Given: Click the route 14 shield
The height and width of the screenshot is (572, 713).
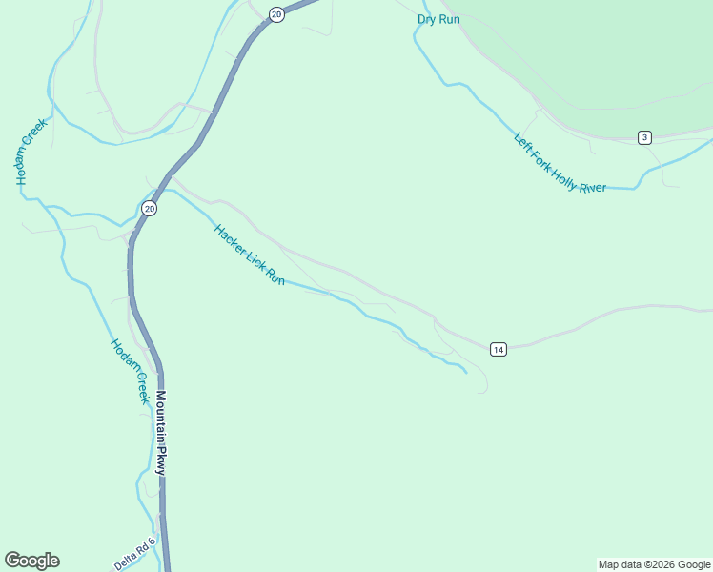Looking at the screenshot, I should [x=499, y=350].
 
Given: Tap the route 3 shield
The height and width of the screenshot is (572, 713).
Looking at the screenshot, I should [x=645, y=138].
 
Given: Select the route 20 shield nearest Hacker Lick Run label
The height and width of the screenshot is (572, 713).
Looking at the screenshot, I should [x=150, y=208].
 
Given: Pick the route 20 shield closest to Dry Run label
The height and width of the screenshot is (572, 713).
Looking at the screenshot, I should [x=276, y=14].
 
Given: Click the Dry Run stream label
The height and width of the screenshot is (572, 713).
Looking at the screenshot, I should [x=438, y=19].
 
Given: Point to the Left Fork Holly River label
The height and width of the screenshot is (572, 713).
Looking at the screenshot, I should [x=560, y=162].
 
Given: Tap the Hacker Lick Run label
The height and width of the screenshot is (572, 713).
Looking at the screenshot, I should [x=250, y=255].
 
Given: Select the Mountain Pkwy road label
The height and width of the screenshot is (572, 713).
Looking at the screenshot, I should [x=162, y=434].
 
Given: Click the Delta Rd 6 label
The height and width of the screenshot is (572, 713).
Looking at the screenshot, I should [x=134, y=554].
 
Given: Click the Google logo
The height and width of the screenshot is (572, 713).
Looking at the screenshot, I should [x=31, y=561].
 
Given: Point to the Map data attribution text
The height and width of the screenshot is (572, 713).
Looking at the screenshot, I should [x=655, y=564].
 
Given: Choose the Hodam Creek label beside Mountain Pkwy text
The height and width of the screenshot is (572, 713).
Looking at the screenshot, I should [x=130, y=372].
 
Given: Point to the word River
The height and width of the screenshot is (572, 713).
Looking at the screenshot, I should [x=592, y=184].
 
